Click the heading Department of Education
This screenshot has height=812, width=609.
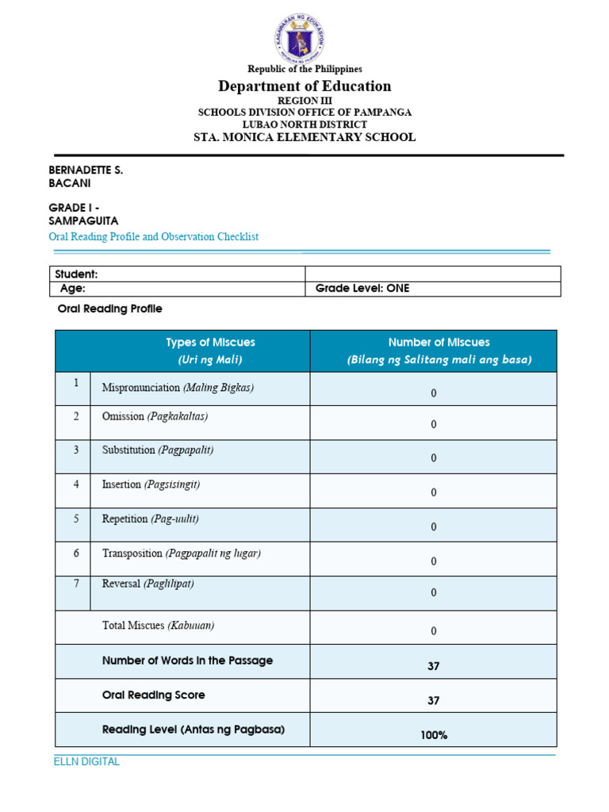304,86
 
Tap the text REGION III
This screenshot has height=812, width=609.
304,101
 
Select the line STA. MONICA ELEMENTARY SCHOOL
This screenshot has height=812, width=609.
304,137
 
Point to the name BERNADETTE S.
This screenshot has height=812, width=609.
86,170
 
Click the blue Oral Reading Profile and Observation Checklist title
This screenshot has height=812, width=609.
154,237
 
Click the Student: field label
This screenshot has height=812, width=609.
76,274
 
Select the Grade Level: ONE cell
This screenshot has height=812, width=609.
362,289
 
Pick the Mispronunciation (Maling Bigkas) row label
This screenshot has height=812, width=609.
178,388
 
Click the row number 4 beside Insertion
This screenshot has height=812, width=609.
76,484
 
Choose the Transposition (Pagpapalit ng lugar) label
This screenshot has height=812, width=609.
181,553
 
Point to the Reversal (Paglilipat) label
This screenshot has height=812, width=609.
147,584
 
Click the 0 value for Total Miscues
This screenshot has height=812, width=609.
434,631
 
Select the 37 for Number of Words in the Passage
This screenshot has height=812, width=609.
434,666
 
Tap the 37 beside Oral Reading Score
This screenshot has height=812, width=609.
434,701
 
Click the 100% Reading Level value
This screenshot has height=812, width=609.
434,735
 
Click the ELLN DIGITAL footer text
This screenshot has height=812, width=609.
86,762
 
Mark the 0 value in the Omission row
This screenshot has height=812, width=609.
434,424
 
